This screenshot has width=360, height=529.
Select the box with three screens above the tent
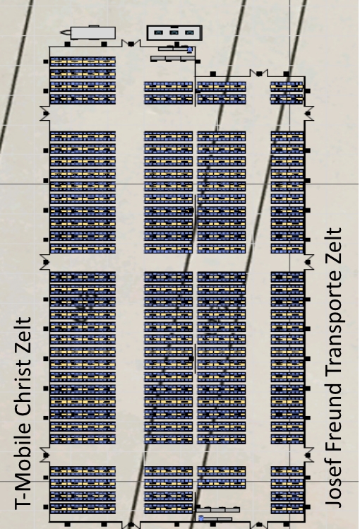click(174, 32)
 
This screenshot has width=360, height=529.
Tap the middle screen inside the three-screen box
click(174, 32)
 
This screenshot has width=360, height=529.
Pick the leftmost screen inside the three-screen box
click(158, 32)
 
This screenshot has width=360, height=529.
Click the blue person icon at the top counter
click(190, 50)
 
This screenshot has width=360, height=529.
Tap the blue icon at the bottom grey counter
click(201, 518)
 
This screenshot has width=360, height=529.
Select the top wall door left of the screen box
click(131, 43)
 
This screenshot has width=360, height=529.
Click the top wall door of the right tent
click(259, 73)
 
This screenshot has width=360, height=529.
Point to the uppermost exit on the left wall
click(45, 113)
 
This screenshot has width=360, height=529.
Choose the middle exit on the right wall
click(308, 262)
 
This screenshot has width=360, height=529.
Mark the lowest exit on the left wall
click(45, 455)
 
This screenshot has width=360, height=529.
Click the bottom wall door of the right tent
click(259, 525)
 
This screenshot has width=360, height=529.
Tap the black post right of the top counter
click(198, 61)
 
